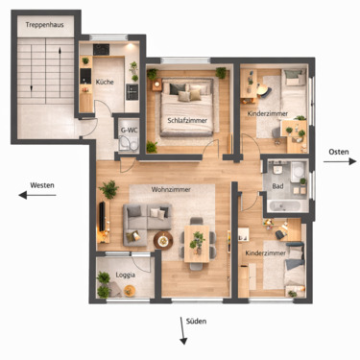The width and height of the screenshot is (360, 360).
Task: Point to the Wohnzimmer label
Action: (171, 190)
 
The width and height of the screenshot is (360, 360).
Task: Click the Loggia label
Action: (126, 274)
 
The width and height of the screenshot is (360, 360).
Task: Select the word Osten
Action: (338, 152)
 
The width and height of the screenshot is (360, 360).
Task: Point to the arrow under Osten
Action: (337, 163)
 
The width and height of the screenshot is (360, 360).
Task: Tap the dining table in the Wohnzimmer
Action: (199, 243)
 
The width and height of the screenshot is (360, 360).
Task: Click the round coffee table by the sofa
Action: (161, 238)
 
